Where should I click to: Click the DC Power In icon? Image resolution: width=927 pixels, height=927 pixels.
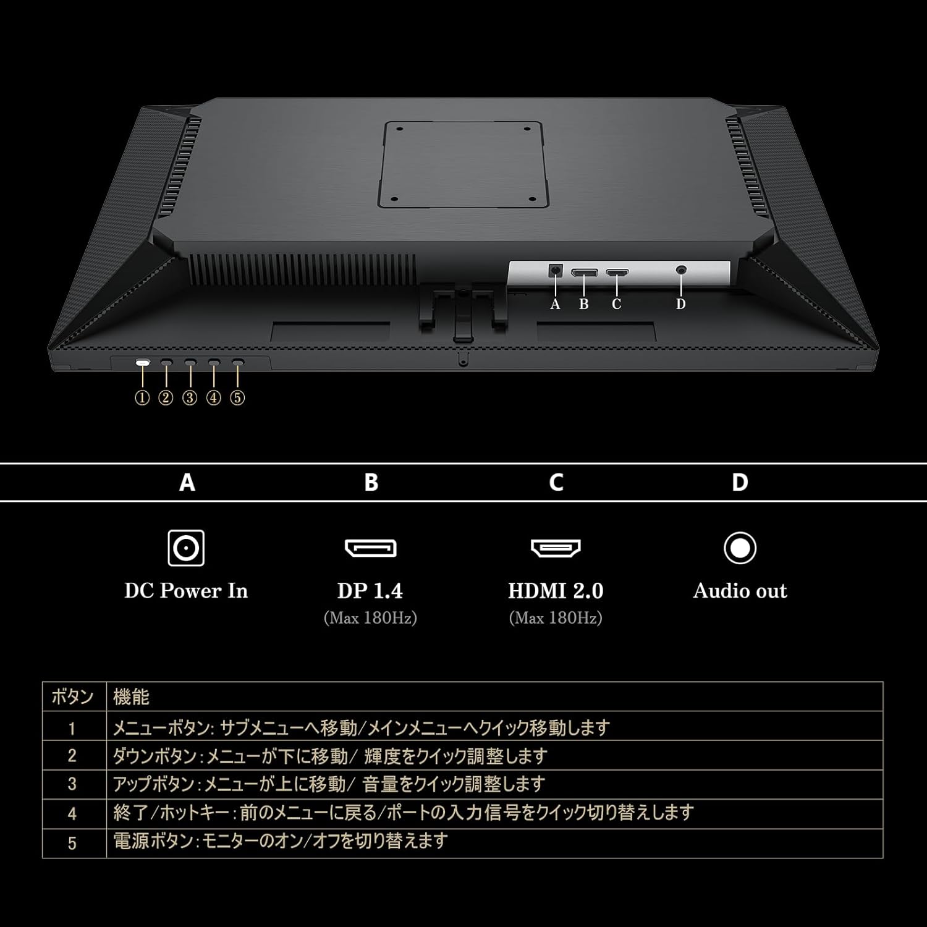tap(186, 548)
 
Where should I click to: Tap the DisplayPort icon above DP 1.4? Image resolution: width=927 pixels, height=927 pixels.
tap(370, 548)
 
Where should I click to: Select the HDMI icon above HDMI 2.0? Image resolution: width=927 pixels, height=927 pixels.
tap(556, 548)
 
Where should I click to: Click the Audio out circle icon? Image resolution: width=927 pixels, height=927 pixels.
tap(740, 548)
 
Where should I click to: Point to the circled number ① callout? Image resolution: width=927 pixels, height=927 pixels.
tap(142, 397)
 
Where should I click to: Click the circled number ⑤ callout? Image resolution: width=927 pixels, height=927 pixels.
tap(237, 397)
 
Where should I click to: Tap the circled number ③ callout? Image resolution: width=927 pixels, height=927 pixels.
tap(190, 397)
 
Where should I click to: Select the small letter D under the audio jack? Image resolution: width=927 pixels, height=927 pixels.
tap(680, 304)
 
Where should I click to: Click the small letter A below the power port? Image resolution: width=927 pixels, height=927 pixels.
tap(555, 304)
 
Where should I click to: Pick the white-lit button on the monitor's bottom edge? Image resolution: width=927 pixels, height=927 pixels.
tap(143, 363)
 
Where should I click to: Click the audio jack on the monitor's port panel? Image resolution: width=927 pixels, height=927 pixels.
tap(682, 270)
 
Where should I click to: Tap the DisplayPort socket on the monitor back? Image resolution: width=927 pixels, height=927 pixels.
tap(584, 272)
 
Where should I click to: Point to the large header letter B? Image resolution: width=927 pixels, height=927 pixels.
tap(371, 482)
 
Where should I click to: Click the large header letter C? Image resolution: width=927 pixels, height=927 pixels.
tap(556, 482)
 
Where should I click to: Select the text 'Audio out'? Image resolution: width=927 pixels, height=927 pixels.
tap(740, 591)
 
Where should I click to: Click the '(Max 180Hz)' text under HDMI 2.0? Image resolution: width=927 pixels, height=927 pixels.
tap(556, 618)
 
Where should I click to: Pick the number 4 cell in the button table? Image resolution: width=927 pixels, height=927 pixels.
tap(72, 813)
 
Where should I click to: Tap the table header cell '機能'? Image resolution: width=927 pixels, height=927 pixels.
tap(131, 697)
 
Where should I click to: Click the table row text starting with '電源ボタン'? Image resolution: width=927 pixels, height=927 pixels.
tap(280, 841)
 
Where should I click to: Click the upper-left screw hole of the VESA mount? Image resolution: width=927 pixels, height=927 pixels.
tap(400, 130)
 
